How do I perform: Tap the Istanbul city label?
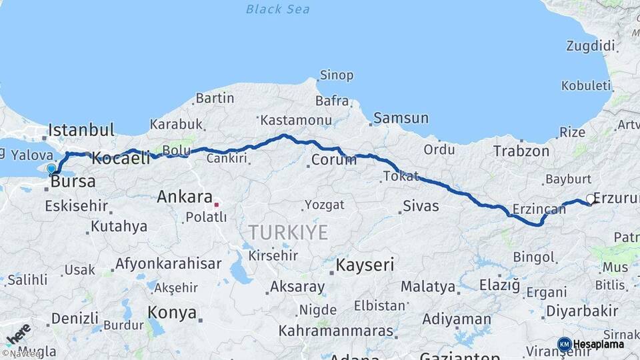[x=81, y=129]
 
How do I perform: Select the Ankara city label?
[x=184, y=197]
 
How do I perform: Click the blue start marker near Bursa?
[x=51, y=168]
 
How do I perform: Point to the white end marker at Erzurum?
[x=590, y=199]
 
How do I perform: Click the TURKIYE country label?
[x=288, y=233]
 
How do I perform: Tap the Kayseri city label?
[x=365, y=265]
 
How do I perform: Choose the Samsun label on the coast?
[x=401, y=118]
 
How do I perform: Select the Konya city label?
[x=172, y=312]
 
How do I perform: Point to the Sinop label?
[x=337, y=75]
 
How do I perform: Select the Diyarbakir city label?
[x=582, y=311]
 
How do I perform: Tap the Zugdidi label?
[x=590, y=46]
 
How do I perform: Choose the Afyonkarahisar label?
[x=168, y=263]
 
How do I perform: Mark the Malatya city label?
[x=429, y=287]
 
